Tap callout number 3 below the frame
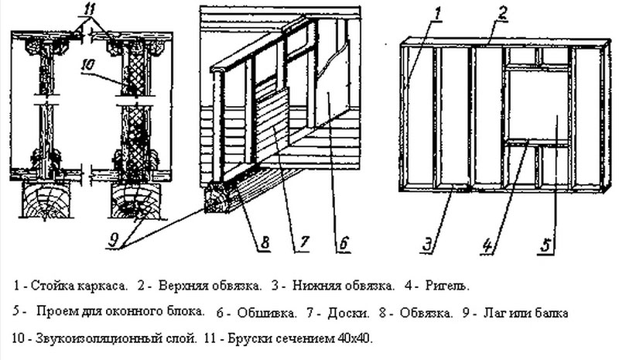coord(426,246)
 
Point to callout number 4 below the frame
coord(487,246)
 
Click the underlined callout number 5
coord(545,246)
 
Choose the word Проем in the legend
coord(60,314)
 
